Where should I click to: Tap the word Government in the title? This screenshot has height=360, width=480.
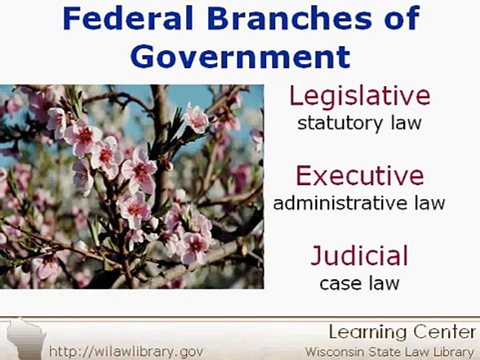[x=240, y=56]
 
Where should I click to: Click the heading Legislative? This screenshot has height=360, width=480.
[x=359, y=95]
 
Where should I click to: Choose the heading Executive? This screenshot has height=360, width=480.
[x=359, y=176]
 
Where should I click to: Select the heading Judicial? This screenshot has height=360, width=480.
[x=359, y=256]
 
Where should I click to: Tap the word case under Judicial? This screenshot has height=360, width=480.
[x=339, y=283]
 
